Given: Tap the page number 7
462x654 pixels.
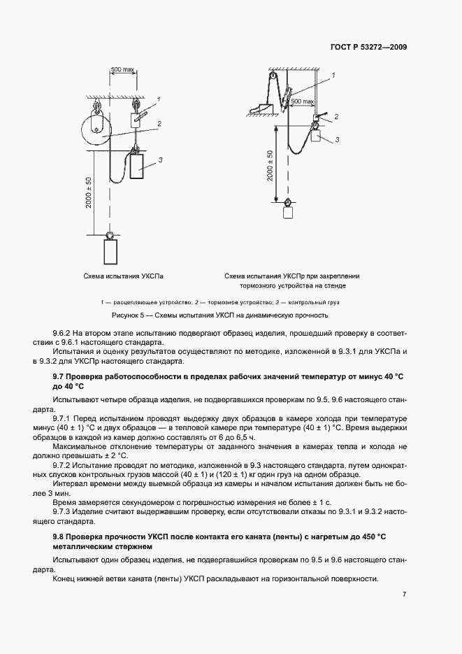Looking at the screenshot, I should (405, 595).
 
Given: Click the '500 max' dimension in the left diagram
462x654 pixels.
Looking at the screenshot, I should (122, 70).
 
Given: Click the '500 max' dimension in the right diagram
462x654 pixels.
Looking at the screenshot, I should (302, 101).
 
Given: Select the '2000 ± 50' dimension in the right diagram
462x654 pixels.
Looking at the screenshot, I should (270, 165).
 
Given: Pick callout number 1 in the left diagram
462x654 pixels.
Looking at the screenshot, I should (159, 100).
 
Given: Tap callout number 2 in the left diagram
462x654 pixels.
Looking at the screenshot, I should (159, 124).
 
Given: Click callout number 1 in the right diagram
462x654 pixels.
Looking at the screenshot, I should (333, 74).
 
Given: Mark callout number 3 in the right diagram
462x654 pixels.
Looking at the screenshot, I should (337, 140).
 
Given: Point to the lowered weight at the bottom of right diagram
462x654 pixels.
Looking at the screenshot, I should (287, 213).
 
